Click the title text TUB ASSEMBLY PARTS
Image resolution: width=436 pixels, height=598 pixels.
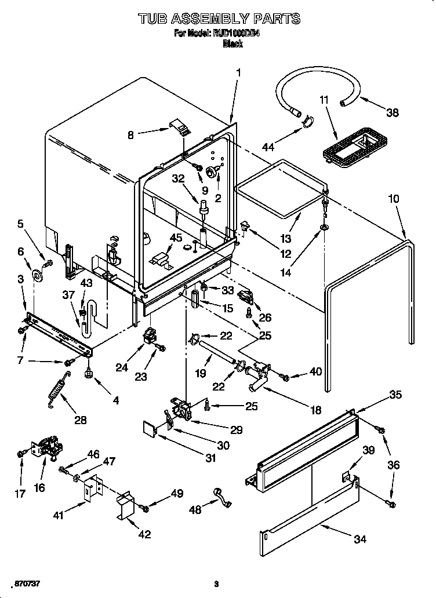pyautogui.click(x=219, y=19)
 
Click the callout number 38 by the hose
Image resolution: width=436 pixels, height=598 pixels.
pyautogui.click(x=393, y=113)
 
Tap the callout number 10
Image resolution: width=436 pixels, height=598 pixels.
pyautogui.click(x=394, y=199)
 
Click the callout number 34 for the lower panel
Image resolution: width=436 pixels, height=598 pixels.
pyautogui.click(x=359, y=539)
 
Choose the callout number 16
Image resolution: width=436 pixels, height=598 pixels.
pyautogui.click(x=39, y=487)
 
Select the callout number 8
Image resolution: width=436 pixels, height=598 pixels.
pyautogui.click(x=131, y=135)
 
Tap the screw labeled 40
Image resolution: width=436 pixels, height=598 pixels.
pyautogui.click(x=284, y=378)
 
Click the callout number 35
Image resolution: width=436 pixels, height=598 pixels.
pyautogui.click(x=395, y=395)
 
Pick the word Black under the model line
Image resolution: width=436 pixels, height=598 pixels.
pyautogui.click(x=232, y=44)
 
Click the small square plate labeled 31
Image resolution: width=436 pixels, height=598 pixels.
pyautogui.click(x=150, y=429)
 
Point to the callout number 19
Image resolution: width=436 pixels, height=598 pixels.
pyautogui.click(x=200, y=374)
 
